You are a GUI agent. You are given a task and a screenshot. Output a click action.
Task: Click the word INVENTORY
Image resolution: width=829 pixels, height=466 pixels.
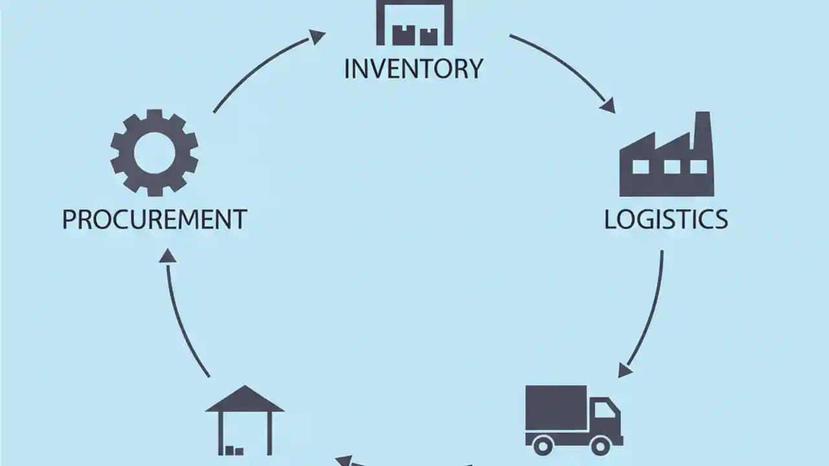(413, 69)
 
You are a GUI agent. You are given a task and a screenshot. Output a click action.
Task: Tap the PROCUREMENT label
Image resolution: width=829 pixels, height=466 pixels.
(154, 219)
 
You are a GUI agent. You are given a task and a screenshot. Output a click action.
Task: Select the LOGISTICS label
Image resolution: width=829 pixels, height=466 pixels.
(666, 219)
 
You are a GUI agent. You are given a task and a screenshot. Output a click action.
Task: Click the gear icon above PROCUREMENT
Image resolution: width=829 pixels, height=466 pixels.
(154, 153)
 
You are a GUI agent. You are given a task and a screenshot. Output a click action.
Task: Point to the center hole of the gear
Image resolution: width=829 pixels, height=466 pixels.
(154, 153)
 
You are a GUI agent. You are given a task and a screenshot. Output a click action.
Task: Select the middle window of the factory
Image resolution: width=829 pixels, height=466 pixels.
(672, 167)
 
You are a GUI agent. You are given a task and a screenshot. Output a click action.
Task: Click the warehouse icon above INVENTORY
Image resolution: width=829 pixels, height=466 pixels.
(414, 23)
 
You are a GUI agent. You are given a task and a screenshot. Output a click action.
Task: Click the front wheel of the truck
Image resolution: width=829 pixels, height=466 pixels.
(601, 445)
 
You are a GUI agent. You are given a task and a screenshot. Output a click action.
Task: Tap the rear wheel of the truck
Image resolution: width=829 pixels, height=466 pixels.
(543, 445)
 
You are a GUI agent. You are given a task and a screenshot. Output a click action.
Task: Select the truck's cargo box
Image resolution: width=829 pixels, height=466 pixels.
(556, 408)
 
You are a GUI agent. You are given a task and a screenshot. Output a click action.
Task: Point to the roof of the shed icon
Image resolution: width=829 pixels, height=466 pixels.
(244, 400)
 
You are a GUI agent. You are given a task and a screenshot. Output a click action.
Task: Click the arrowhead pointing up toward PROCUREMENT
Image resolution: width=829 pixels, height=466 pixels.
(168, 256)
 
